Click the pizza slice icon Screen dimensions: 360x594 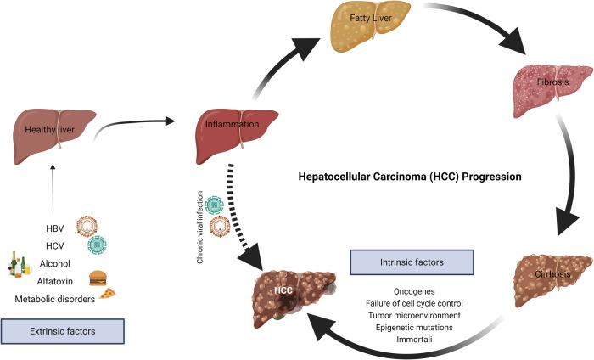point(108,294)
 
